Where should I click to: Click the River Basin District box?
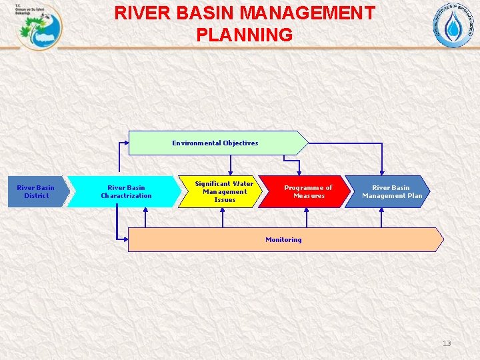point(37,192)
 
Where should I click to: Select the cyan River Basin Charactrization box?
point(125,192)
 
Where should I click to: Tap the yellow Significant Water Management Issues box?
point(223,192)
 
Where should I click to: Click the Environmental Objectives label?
point(215,143)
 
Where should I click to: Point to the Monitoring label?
point(283,239)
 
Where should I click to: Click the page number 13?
point(447,343)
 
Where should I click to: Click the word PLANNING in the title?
point(245,35)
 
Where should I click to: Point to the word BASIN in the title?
point(207,13)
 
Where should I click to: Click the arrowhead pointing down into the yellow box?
point(231,172)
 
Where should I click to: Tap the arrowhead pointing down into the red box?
point(299,172)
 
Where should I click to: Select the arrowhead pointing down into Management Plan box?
point(382,172)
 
